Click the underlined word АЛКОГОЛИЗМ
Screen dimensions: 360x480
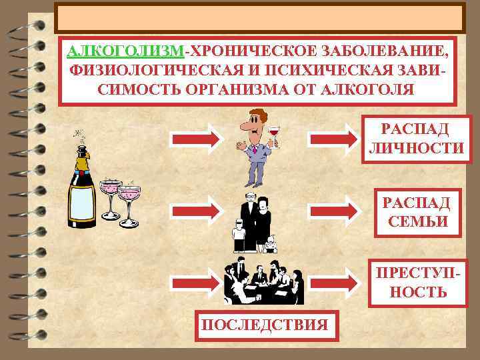click(125, 51)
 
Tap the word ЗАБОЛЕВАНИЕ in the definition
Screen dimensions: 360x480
click(382, 51)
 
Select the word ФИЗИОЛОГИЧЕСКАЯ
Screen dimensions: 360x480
click(141, 70)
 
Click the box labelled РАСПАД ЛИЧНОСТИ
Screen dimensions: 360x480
click(415, 139)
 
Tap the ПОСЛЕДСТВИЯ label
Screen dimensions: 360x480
click(265, 325)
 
